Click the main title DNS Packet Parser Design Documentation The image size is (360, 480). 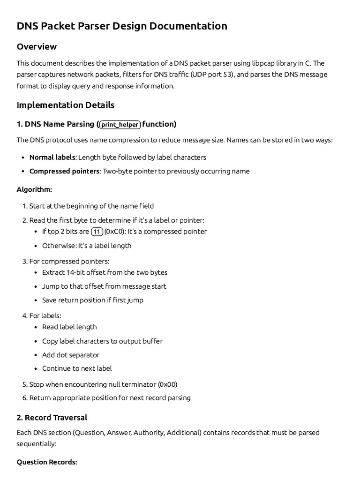(122, 26)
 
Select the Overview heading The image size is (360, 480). (37, 46)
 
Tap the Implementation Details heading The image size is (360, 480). (65, 105)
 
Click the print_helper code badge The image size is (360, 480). (120, 125)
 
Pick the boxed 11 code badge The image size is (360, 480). (97, 232)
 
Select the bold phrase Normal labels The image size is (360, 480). (52, 157)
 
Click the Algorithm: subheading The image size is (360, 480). (34, 189)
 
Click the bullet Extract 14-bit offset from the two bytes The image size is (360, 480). (105, 272)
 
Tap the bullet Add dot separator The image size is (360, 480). (70, 355)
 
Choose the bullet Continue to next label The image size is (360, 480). (77, 368)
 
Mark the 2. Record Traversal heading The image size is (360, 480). (52, 417)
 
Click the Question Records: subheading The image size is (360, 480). (47, 462)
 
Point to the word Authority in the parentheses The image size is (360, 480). (149, 432)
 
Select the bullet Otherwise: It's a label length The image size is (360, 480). (87, 246)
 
